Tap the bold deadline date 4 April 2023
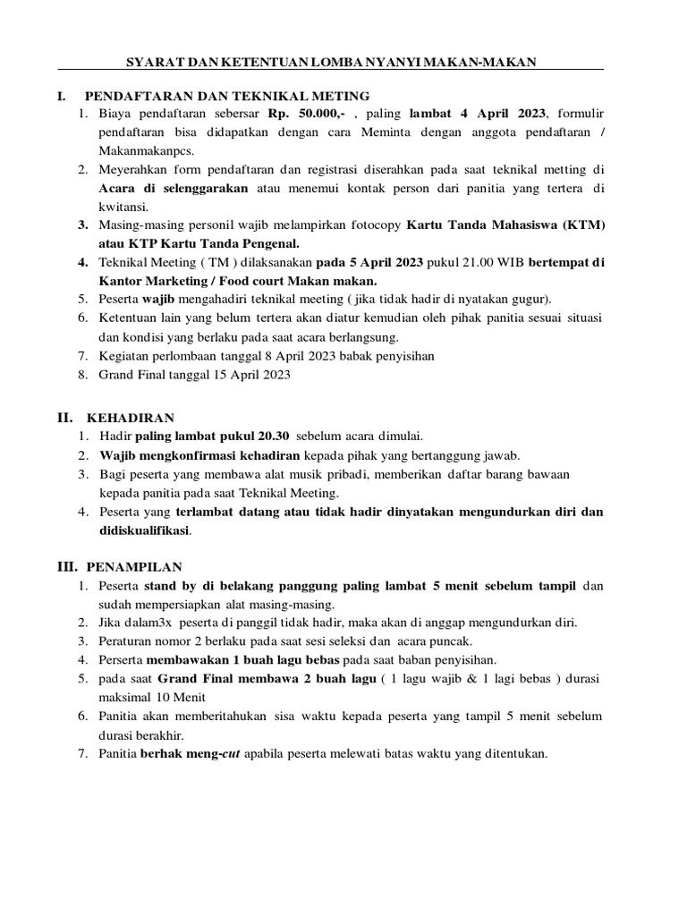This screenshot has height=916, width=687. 482,114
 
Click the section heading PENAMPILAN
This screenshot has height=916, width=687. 134,567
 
